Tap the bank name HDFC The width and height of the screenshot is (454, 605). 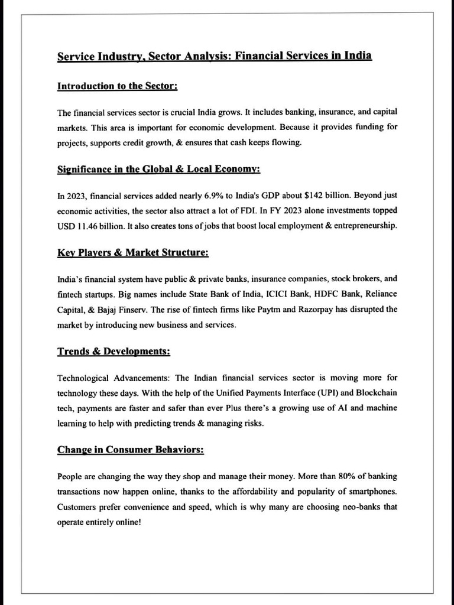(x=306, y=294)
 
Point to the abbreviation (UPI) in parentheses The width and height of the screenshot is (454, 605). (x=325, y=393)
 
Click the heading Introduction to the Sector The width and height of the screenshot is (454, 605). (x=117, y=86)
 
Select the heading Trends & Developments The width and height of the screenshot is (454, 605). (x=113, y=352)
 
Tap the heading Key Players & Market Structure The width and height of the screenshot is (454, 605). (x=132, y=253)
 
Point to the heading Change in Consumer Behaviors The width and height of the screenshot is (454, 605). (x=131, y=450)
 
